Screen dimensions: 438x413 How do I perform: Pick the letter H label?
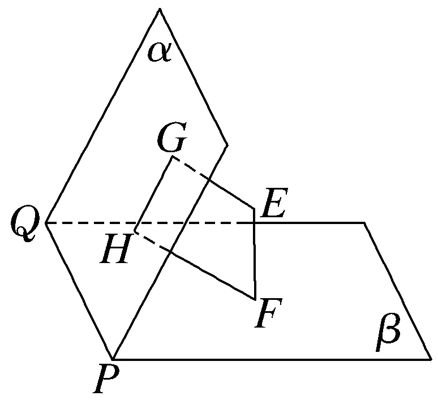[115, 249]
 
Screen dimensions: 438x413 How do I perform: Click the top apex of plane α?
[160, 8]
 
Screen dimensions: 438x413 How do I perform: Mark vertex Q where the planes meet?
[46, 223]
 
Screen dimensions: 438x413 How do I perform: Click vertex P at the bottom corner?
[114, 359]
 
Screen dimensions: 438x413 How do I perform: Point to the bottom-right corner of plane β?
[430, 359]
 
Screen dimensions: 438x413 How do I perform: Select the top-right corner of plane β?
[364, 223]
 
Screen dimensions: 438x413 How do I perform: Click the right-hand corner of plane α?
[227, 145]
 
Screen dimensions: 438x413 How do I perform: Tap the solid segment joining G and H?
[153, 194]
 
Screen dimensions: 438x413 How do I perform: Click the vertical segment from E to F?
[255, 255]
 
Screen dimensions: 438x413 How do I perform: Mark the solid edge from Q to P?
[80, 291]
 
